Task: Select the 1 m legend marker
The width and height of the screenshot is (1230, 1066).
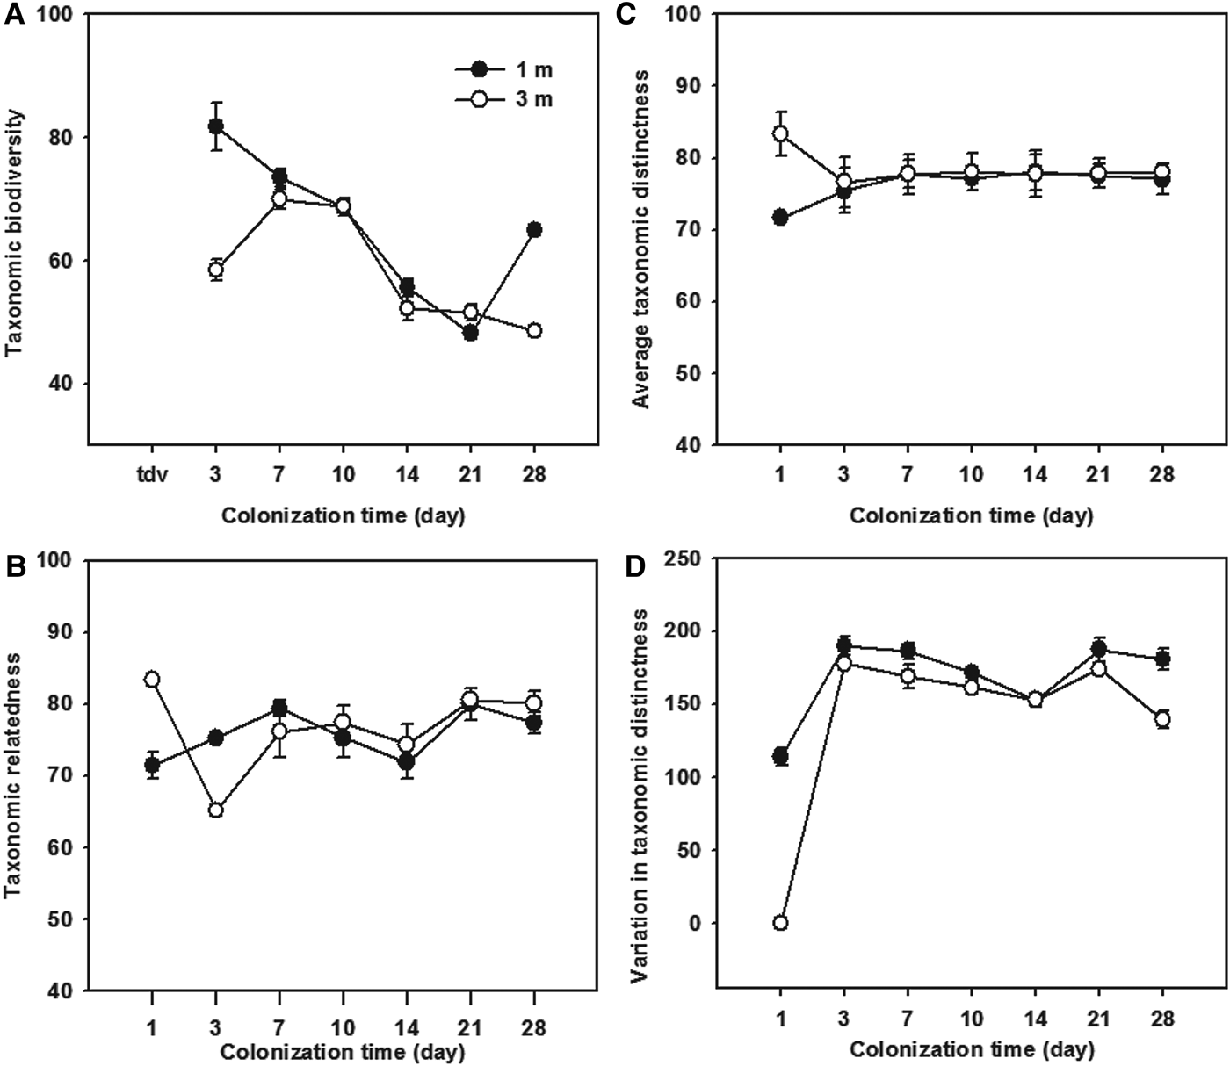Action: [479, 69]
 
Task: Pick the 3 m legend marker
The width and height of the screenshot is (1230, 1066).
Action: [479, 100]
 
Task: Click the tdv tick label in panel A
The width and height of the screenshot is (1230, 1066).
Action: [151, 475]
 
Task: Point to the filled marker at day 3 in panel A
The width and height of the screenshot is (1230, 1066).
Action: [216, 126]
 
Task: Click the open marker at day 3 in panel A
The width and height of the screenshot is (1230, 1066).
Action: [216, 270]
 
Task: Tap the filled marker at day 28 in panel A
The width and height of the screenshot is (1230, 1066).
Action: [534, 230]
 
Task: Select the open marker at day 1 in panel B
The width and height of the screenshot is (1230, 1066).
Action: [152, 679]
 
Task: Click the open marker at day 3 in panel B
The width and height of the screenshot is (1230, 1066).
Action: [216, 810]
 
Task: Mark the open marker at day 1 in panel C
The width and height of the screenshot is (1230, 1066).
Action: [780, 133]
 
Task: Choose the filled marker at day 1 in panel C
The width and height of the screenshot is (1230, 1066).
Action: [780, 218]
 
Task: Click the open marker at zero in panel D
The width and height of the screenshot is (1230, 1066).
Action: [780, 923]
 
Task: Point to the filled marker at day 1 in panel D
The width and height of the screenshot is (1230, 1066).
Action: [780, 756]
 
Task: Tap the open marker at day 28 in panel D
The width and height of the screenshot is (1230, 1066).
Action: [1162, 719]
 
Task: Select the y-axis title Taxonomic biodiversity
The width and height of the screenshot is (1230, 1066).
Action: [14, 232]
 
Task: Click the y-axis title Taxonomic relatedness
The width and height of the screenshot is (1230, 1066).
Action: [14, 776]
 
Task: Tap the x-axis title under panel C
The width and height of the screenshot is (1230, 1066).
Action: [971, 515]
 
